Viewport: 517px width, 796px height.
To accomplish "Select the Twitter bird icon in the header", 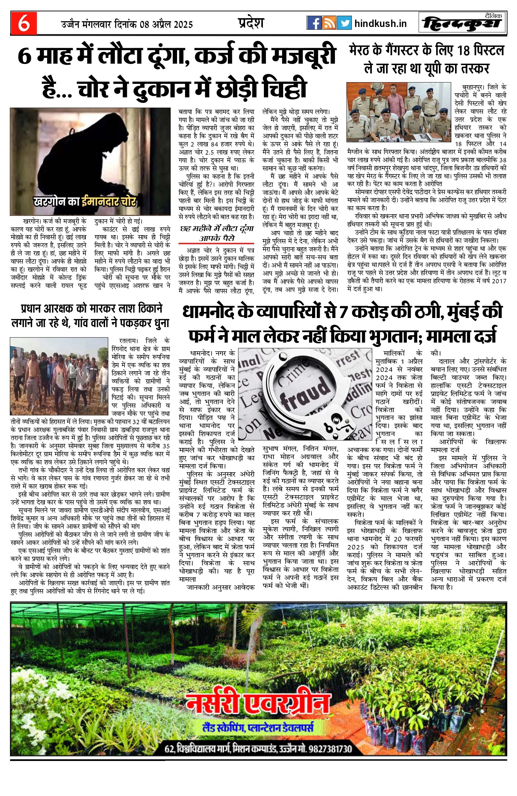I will [x=344, y=23].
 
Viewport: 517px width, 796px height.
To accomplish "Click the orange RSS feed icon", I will [x=329, y=23].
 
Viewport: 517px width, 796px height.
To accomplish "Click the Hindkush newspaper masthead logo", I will [x=462, y=23].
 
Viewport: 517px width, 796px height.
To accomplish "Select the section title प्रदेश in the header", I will [x=251, y=23].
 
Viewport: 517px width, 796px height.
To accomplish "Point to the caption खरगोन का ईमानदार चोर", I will [x=85, y=201].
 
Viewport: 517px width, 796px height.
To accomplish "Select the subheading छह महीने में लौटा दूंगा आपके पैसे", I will [x=216, y=233].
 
